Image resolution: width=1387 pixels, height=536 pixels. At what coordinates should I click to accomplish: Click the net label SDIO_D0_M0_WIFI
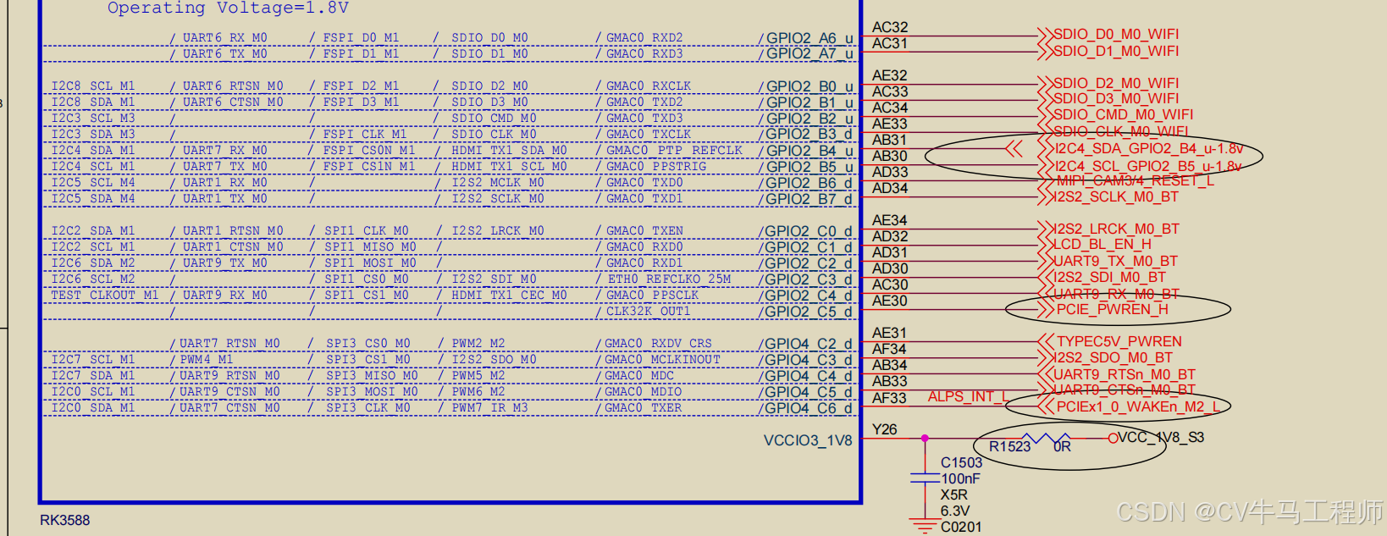click(x=1115, y=35)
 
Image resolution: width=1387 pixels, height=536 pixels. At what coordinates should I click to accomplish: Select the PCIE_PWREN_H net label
click(x=1112, y=310)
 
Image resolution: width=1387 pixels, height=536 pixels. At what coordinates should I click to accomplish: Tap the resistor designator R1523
click(x=1009, y=446)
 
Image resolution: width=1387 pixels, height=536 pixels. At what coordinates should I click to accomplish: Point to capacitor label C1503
click(x=961, y=462)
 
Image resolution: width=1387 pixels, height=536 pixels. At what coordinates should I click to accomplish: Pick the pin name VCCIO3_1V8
click(x=807, y=440)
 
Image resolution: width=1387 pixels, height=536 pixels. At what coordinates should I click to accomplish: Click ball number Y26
click(x=884, y=429)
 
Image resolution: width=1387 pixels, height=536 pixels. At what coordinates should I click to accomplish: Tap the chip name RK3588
click(x=64, y=520)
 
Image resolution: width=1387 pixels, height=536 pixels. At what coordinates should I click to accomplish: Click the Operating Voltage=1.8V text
click(x=228, y=8)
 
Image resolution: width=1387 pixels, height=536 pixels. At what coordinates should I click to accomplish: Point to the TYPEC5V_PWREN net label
click(x=1119, y=341)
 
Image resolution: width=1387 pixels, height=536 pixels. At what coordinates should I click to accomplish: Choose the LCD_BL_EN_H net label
click(x=1102, y=245)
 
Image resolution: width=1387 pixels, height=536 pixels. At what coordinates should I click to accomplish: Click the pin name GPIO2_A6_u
click(x=810, y=38)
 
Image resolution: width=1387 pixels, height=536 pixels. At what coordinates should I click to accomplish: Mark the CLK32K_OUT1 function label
click(x=648, y=312)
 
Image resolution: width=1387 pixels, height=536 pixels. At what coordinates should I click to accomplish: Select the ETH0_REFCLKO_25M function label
click(x=669, y=279)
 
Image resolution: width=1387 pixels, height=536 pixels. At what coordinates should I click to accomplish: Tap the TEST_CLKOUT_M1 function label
click(x=104, y=296)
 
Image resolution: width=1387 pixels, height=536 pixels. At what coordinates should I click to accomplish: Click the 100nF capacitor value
click(x=960, y=478)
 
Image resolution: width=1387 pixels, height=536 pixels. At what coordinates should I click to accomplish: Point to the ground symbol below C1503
click(x=925, y=524)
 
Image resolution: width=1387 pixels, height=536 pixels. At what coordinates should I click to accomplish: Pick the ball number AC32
click(x=889, y=27)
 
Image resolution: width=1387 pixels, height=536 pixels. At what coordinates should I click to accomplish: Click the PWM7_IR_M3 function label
click(x=489, y=408)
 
